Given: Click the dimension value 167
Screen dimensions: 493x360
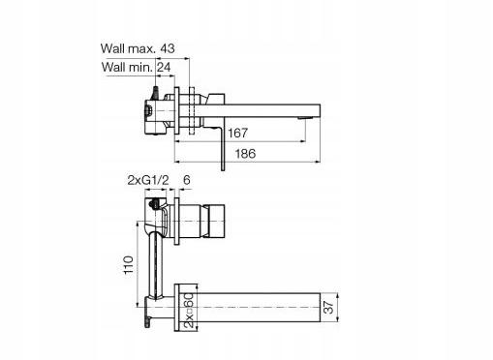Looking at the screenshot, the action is pyautogui.click(x=237, y=133).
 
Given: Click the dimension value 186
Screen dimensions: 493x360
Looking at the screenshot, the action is pyautogui.click(x=245, y=154).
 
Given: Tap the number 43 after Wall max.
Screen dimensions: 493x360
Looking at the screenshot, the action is pyautogui.click(x=168, y=48).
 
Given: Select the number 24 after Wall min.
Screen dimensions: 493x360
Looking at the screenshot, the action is pyautogui.click(x=164, y=67).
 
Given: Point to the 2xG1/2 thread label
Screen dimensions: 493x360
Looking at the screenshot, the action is pyautogui.click(x=148, y=180).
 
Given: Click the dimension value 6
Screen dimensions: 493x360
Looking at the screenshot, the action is pyautogui.click(x=187, y=180).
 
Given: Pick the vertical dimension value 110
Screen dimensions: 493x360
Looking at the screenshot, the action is pyautogui.click(x=129, y=264).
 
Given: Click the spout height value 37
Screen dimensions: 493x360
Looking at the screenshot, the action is pyautogui.click(x=328, y=307).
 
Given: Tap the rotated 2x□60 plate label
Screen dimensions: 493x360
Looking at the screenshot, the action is pyautogui.click(x=190, y=311).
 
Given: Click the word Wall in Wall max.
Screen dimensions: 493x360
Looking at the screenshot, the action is pyautogui.click(x=112, y=48).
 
